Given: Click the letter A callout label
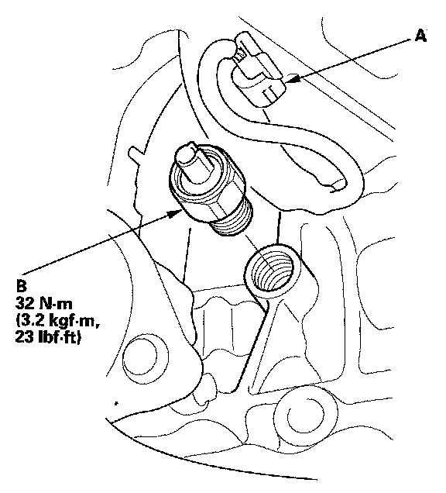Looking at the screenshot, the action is [x=421, y=35].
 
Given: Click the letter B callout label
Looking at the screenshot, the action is [x=22, y=286].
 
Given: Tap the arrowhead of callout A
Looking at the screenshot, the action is [x=293, y=80].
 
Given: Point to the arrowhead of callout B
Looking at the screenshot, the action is [x=174, y=214].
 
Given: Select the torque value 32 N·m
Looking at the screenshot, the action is [x=43, y=303].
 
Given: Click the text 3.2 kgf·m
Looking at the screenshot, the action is [x=58, y=321].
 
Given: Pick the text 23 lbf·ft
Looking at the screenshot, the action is [x=47, y=337].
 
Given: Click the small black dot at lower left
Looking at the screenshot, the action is [x=116, y=403].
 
